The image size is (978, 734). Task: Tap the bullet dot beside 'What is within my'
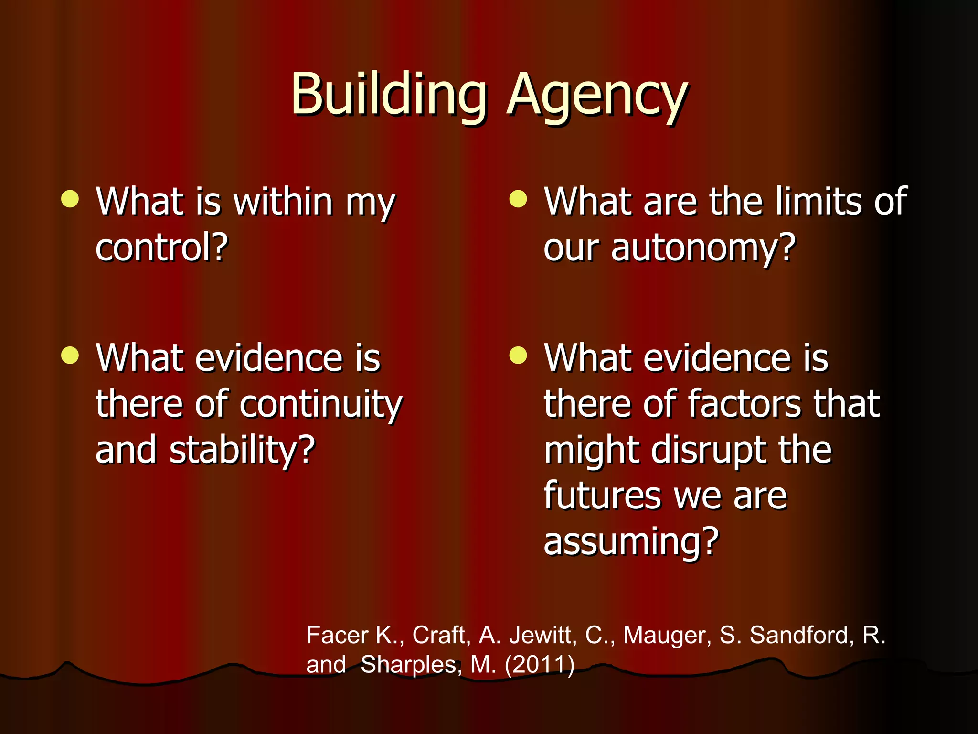click(70, 199)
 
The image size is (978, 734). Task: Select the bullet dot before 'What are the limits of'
click(518, 199)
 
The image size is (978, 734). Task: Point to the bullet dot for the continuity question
click(70, 355)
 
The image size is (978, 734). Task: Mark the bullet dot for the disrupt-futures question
click(518, 355)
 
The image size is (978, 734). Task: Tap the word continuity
click(321, 405)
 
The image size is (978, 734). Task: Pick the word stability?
click(243, 450)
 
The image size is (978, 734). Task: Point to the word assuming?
click(631, 542)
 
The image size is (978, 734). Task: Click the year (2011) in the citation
click(540, 664)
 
